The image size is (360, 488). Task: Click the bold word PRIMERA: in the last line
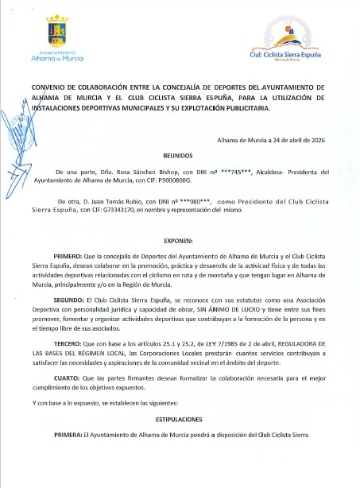click(68, 436)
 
